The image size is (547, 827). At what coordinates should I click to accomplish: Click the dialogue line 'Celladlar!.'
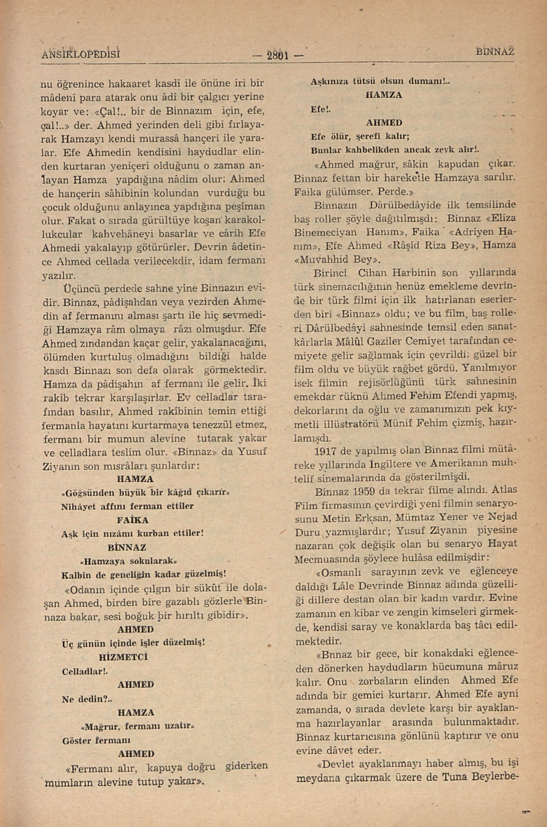pyautogui.click(x=84, y=671)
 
